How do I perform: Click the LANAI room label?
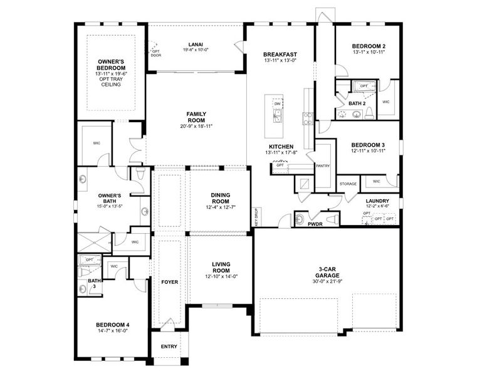pos(195,44)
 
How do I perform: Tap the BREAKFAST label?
pos(280,55)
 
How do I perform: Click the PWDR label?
pos(315,224)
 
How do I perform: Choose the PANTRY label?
pos(323,166)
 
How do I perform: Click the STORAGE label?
pos(349,184)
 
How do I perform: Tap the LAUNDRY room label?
pos(378,201)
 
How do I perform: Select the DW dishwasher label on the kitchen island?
pos(276,103)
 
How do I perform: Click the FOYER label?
pos(169,282)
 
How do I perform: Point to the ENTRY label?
pos(169,347)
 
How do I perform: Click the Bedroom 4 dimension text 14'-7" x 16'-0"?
pos(112,330)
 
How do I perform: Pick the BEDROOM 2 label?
pos(368,46)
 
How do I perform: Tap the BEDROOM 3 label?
pos(367,144)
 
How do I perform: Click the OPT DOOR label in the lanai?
pos(156,53)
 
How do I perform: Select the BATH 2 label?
pos(357,103)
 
